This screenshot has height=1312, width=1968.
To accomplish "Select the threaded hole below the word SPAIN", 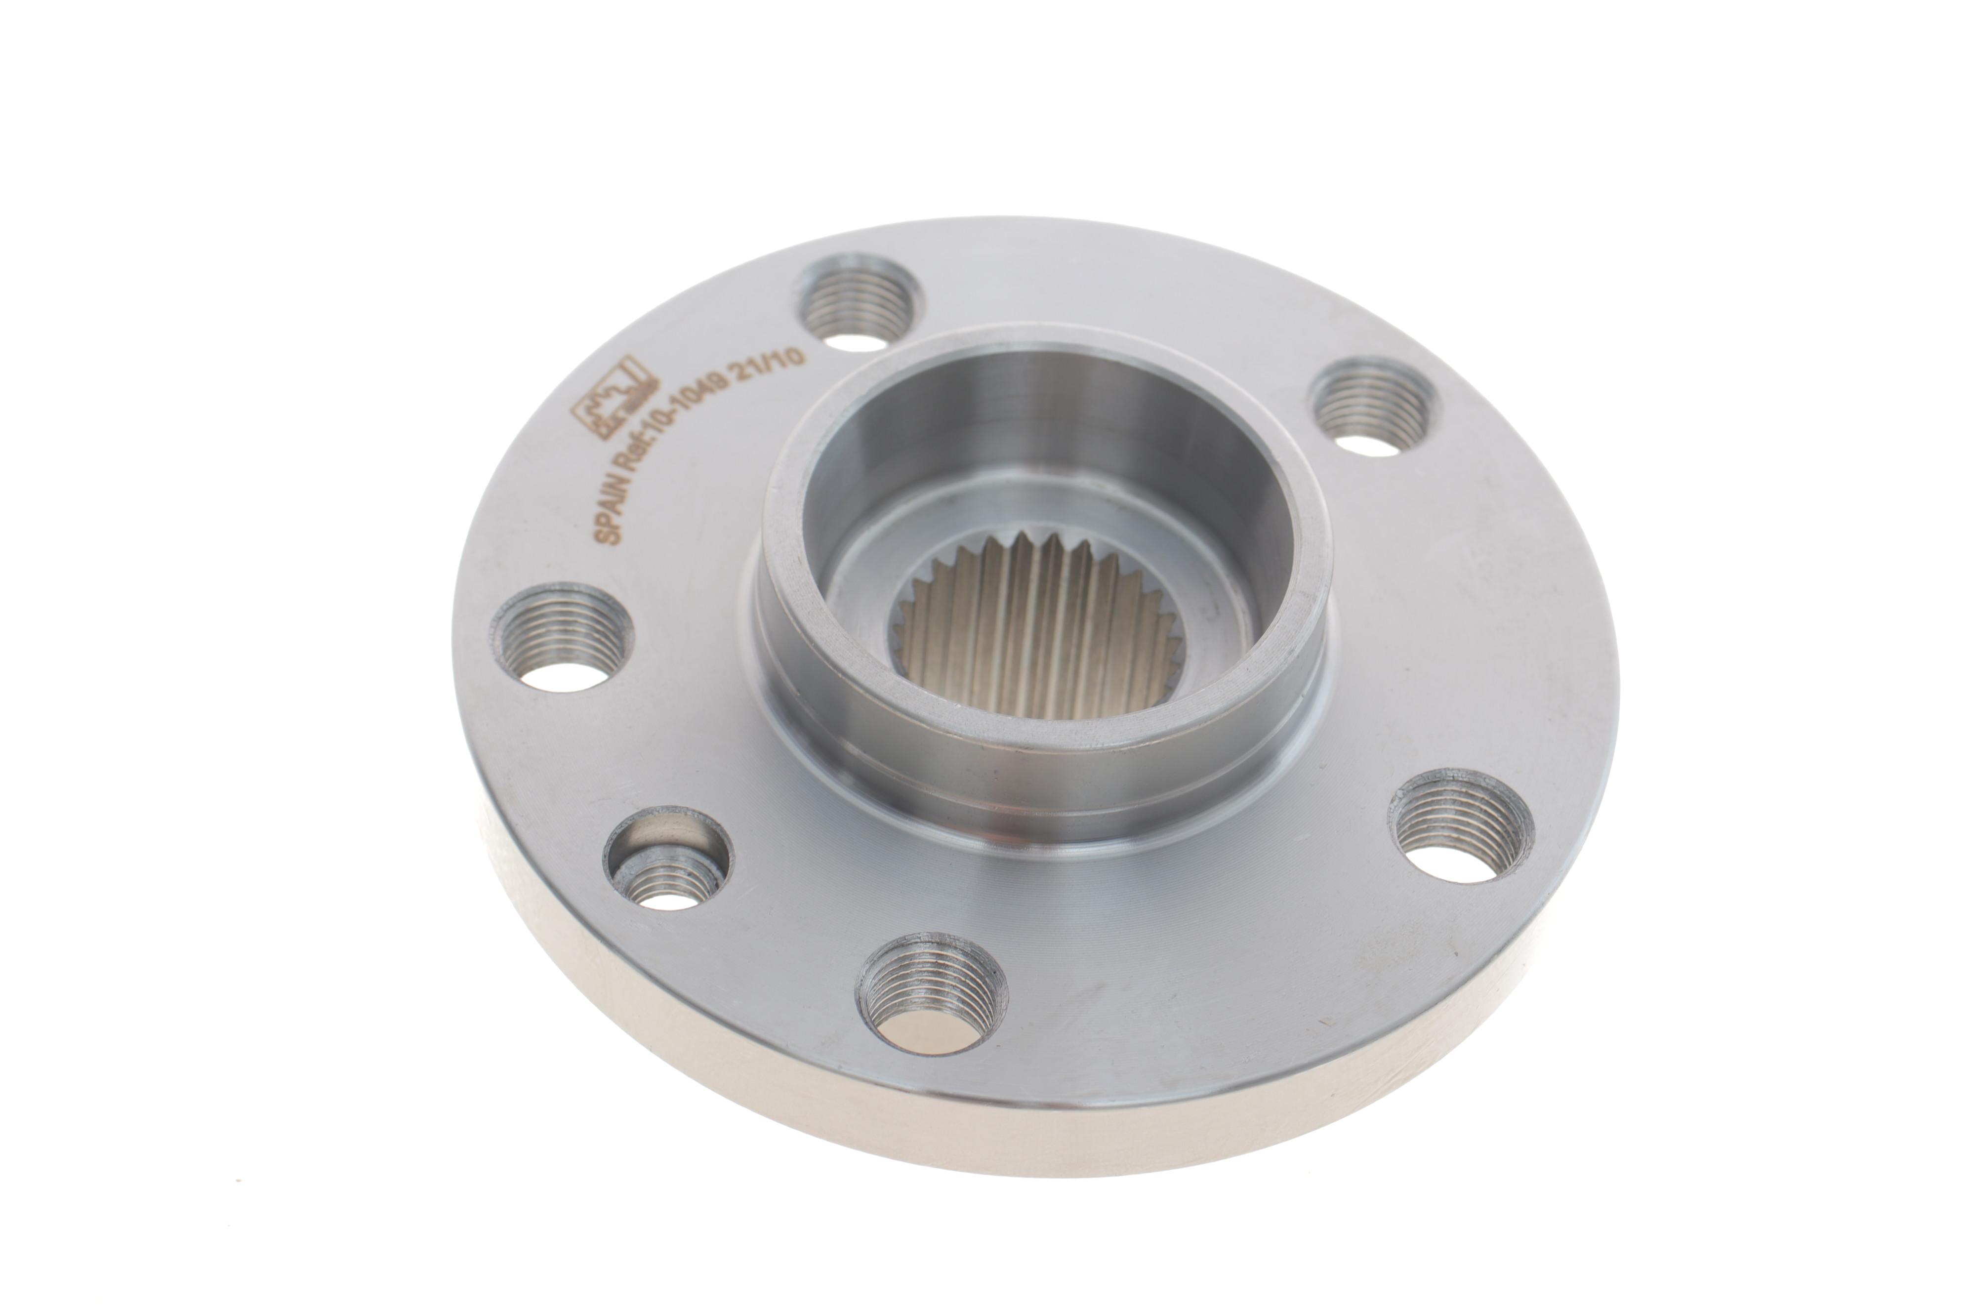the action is tap(562, 638).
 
